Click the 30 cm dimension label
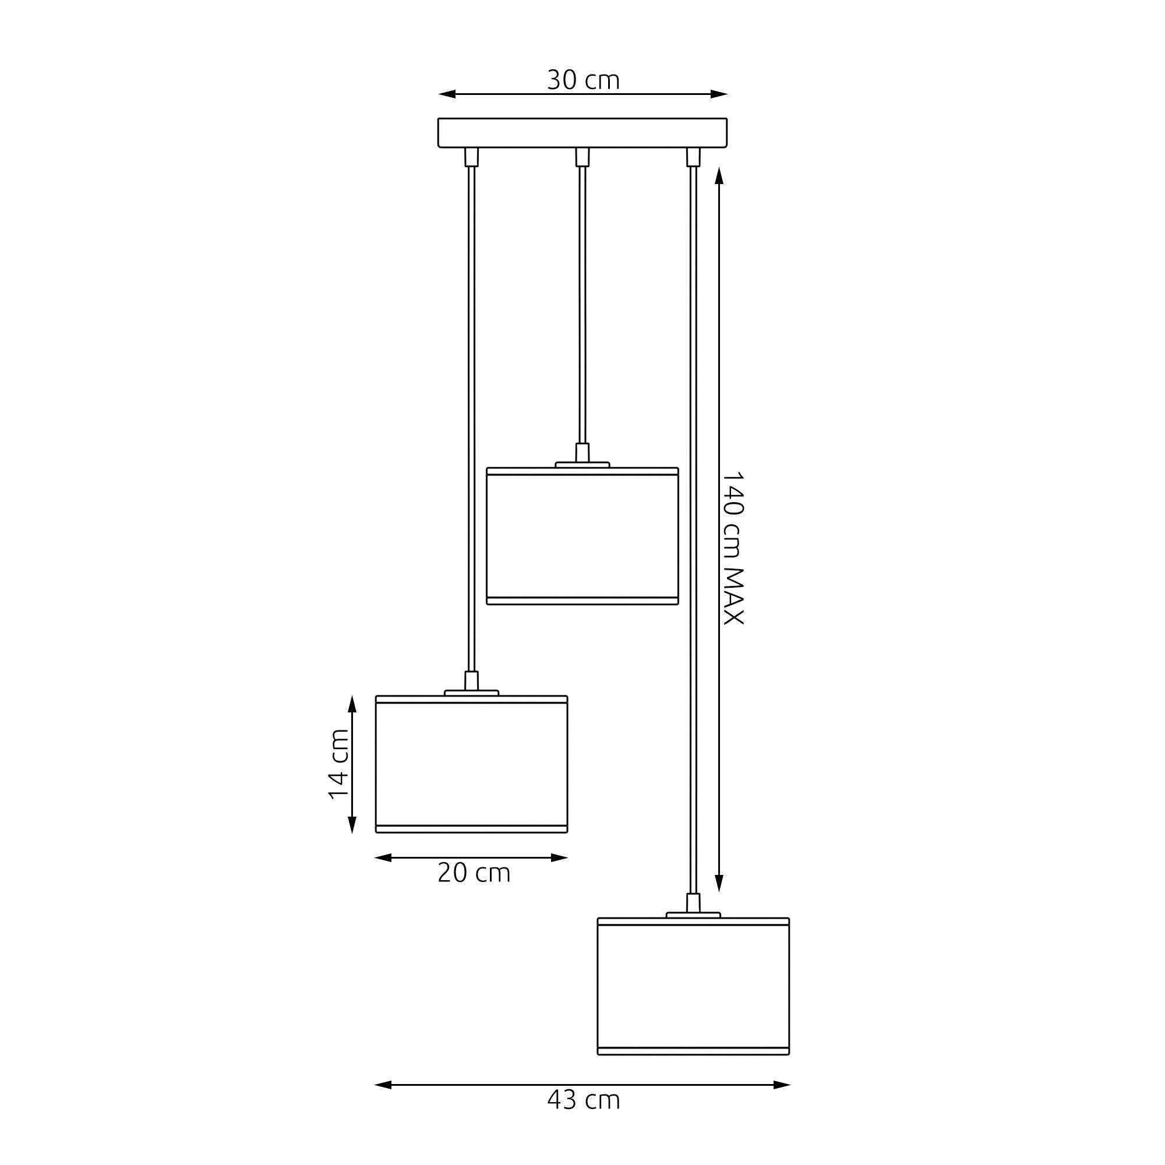coord(583,80)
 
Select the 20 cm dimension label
coord(474,873)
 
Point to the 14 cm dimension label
coord(339,764)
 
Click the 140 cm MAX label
coord(733,548)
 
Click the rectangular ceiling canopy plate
coord(582,133)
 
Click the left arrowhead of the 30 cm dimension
coord(447,94)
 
